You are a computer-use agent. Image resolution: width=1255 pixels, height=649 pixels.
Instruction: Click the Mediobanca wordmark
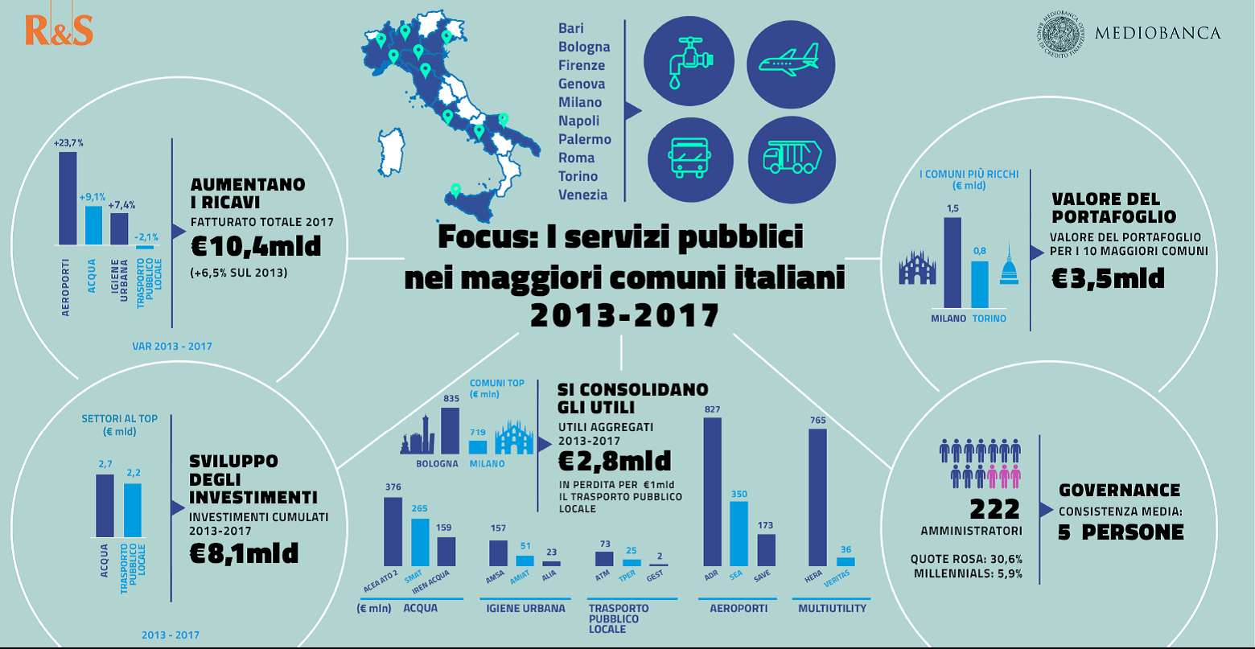pos(1158,33)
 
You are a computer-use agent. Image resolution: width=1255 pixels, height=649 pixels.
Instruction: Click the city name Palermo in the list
pos(585,139)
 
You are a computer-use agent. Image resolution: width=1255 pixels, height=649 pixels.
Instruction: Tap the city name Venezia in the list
pos(583,195)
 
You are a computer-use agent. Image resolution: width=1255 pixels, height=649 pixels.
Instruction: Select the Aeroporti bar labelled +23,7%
pos(68,198)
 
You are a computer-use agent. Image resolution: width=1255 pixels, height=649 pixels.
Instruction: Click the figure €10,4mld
pos(256,246)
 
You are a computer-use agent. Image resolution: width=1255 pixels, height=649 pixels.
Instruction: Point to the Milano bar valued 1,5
pos(953,263)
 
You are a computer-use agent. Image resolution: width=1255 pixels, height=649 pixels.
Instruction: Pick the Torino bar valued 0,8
pos(979,285)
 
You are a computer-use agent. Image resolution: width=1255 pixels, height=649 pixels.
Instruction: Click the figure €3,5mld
pos(1108,277)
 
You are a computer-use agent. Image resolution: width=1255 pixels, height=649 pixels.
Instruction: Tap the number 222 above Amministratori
pos(994,508)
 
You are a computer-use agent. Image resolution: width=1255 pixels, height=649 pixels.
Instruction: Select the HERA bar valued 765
pos(817,498)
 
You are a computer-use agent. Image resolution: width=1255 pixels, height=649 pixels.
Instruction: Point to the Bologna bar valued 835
pos(450,432)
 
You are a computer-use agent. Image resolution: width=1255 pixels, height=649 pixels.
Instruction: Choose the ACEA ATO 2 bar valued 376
pos(393,532)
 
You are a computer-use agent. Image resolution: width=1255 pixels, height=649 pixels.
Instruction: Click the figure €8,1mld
pos(244,552)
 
